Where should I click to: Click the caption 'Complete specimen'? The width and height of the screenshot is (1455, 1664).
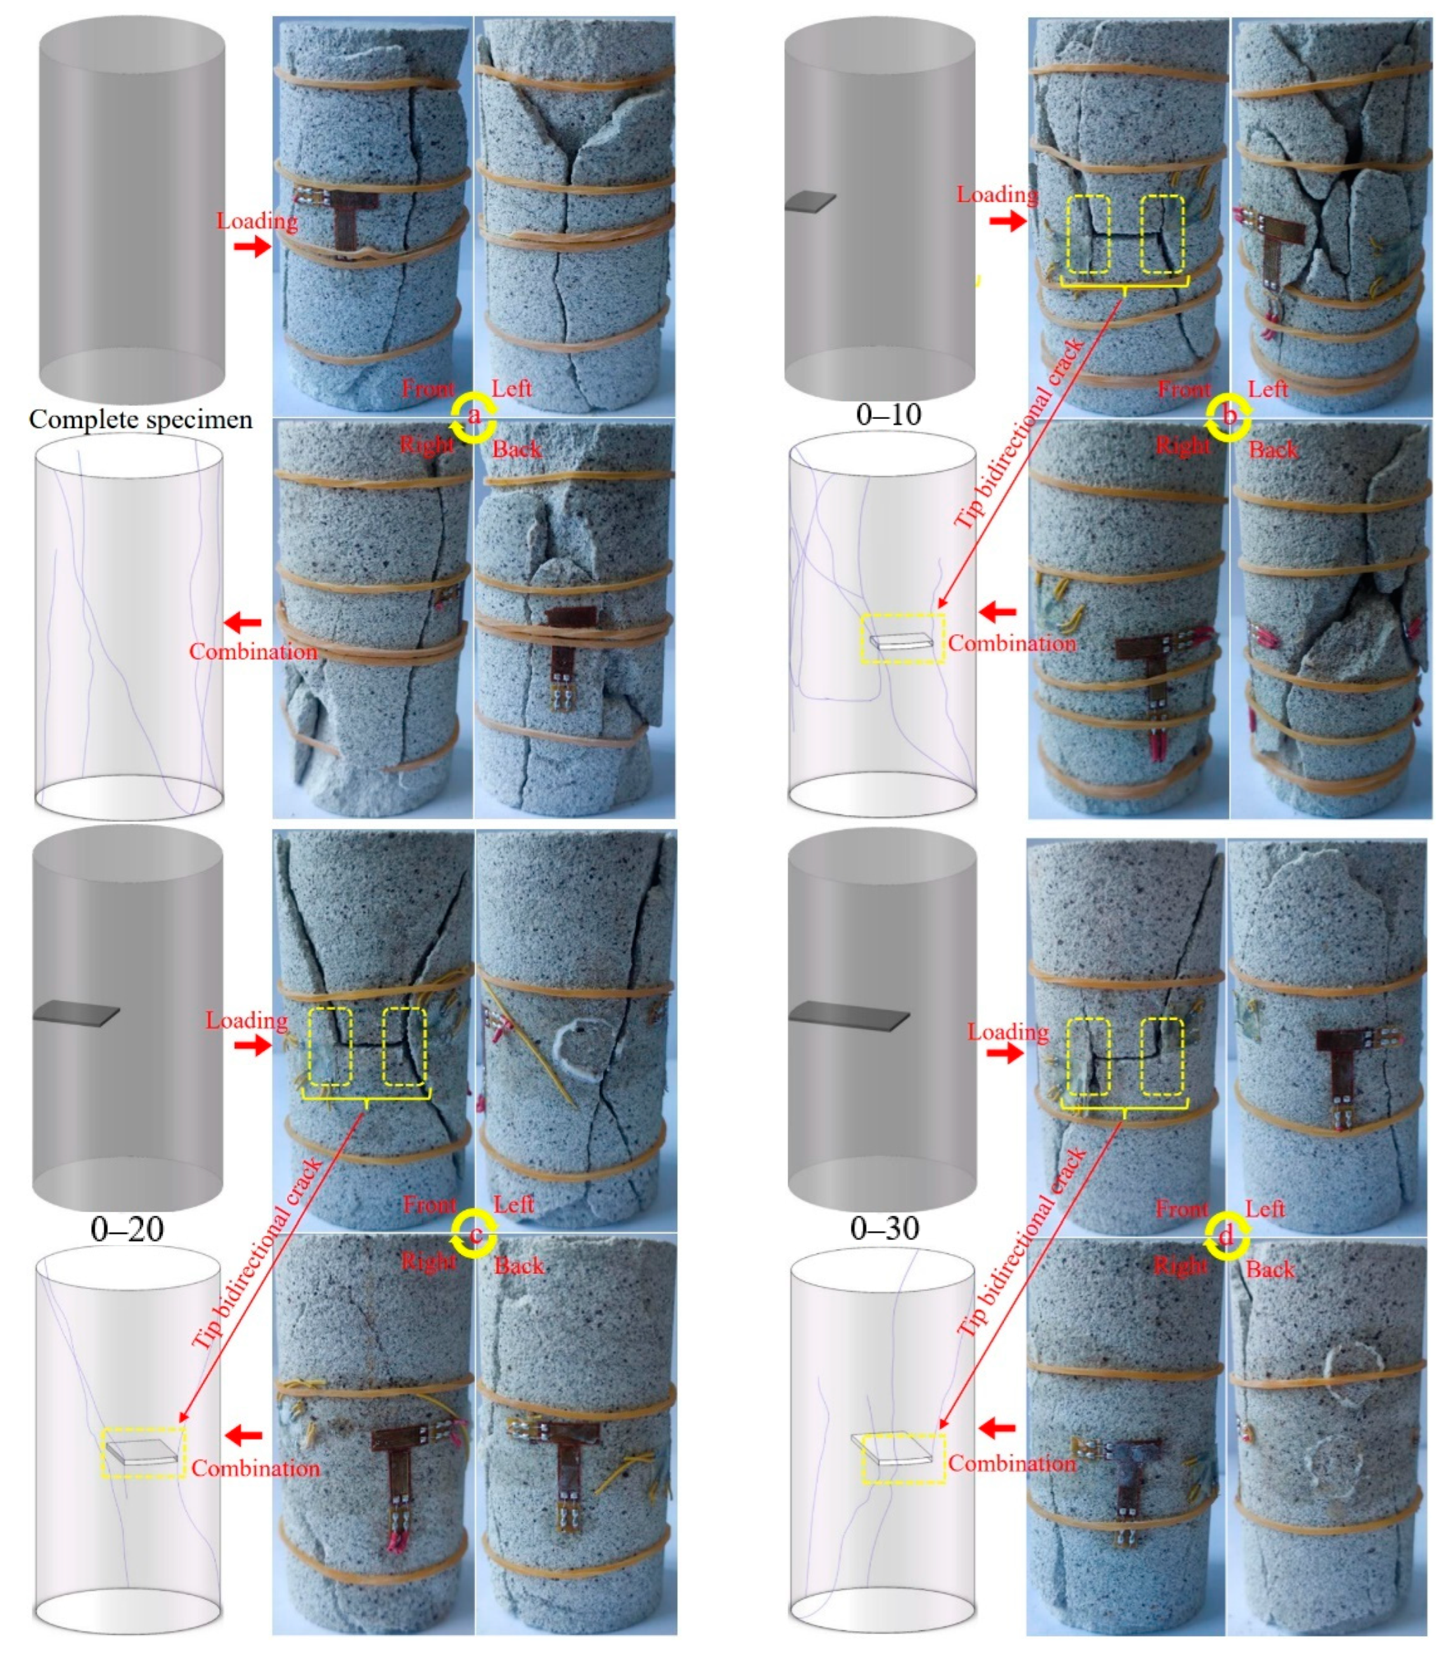point(141,420)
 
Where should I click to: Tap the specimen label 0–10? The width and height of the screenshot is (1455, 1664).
point(889,415)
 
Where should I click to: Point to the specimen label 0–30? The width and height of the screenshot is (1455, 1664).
point(884,1228)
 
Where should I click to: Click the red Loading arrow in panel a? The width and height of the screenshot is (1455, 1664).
point(253,246)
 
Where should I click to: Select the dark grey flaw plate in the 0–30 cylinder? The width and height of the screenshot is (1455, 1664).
point(848,1015)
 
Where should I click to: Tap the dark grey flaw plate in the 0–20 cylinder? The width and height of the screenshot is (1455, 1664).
point(75,1014)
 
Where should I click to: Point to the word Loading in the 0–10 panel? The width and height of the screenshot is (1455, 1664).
point(996,195)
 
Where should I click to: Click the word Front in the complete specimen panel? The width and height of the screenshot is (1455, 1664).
point(428,389)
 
